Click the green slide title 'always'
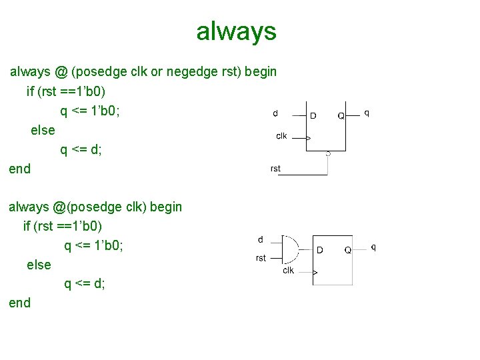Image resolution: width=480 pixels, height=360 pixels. pos(236,31)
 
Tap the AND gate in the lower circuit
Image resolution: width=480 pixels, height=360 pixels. pos(291,251)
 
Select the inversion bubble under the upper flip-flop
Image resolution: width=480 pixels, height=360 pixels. pos(328,153)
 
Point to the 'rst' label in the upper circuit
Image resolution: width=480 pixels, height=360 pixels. pos(275,169)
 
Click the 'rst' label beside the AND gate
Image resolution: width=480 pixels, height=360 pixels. pos(261,258)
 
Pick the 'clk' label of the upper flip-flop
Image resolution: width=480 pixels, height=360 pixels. pos(281,136)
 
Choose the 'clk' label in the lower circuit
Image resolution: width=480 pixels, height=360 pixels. pos(288,270)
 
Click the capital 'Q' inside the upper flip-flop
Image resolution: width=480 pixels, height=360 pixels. pos(341,115)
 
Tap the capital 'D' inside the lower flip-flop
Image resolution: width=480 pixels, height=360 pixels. pos(320,250)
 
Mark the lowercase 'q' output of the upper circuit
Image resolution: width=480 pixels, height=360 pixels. pos(367,113)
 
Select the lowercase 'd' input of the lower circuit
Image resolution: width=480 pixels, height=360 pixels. pos(260,239)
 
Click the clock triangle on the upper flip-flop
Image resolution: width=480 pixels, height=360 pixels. pos(308,138)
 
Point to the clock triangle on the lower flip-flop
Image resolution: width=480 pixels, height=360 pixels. pos(315,273)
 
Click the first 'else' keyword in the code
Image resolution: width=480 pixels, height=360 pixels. pos(43,130)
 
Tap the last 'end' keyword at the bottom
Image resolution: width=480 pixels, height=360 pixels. pos(19,303)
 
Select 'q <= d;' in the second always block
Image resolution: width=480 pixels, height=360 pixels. pos(85,284)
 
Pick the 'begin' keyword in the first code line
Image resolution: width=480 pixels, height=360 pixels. pos(261,71)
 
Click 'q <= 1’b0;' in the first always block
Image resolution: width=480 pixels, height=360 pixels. pos(90,110)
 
